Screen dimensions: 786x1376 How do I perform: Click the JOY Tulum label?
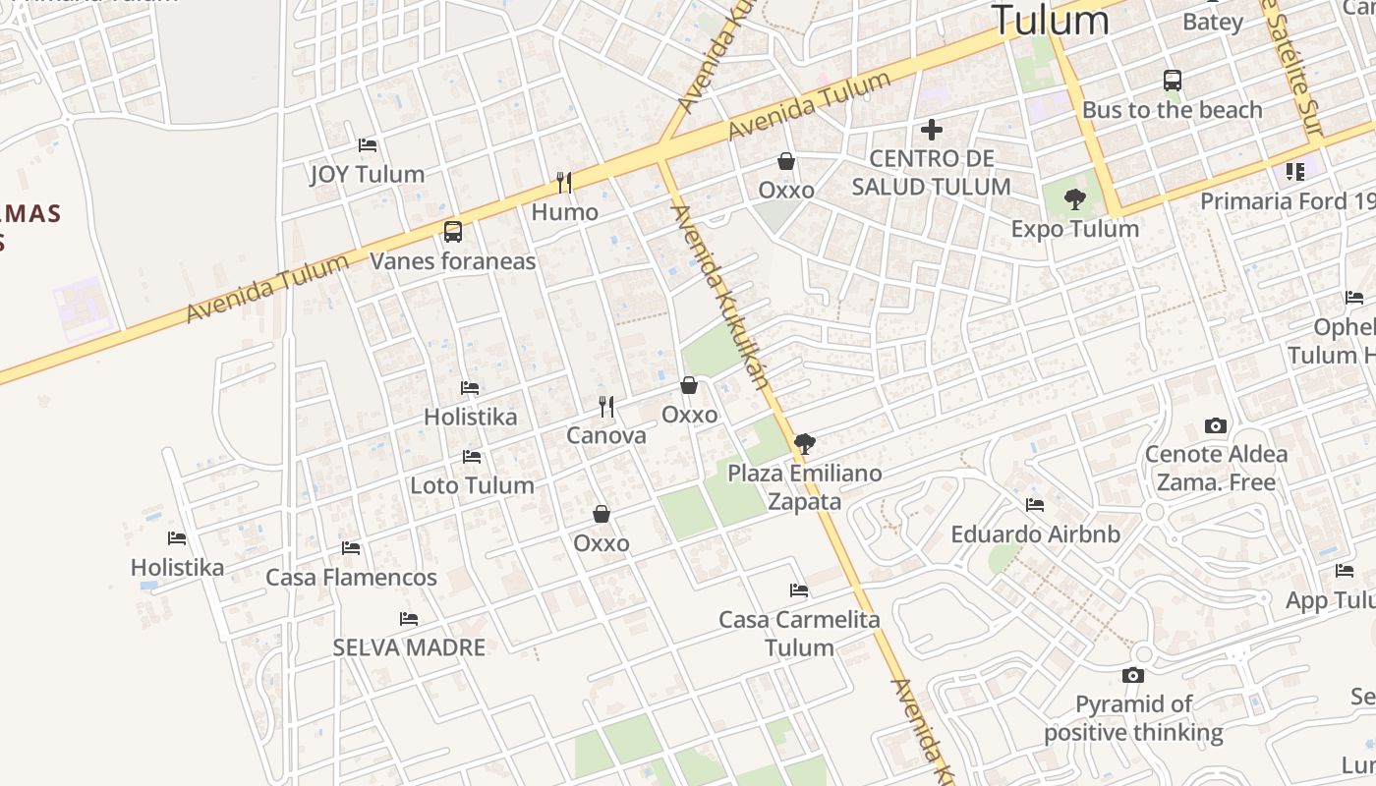click(x=368, y=174)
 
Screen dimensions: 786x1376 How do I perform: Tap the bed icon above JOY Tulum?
click(x=368, y=145)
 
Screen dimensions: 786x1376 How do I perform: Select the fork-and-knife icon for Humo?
click(x=564, y=183)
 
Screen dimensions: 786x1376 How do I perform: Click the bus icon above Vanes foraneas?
click(x=452, y=232)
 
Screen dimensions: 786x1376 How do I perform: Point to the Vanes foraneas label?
click(x=453, y=260)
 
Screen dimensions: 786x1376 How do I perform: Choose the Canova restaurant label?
click(x=606, y=435)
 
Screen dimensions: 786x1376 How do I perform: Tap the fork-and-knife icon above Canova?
click(x=606, y=407)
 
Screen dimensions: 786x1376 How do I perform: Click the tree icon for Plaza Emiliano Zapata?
click(x=804, y=443)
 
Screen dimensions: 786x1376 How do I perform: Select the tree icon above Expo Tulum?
click(x=1075, y=199)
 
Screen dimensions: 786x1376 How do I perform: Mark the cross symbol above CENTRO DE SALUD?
click(x=931, y=129)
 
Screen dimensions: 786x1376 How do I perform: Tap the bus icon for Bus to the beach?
click(x=1172, y=81)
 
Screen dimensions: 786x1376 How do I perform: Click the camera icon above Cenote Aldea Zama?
click(x=1216, y=426)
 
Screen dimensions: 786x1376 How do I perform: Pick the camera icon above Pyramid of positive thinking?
click(x=1133, y=676)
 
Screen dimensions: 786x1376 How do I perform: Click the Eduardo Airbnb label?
click(x=1035, y=534)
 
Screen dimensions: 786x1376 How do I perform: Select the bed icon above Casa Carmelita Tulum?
click(x=799, y=590)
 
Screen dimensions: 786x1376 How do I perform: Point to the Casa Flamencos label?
click(x=351, y=577)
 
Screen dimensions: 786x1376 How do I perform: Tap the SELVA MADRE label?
click(x=409, y=647)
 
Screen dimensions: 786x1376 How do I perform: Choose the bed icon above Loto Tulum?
click(x=472, y=457)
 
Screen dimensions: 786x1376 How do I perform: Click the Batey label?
click(x=1213, y=22)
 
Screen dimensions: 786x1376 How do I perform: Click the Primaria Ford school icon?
click(x=1294, y=173)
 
